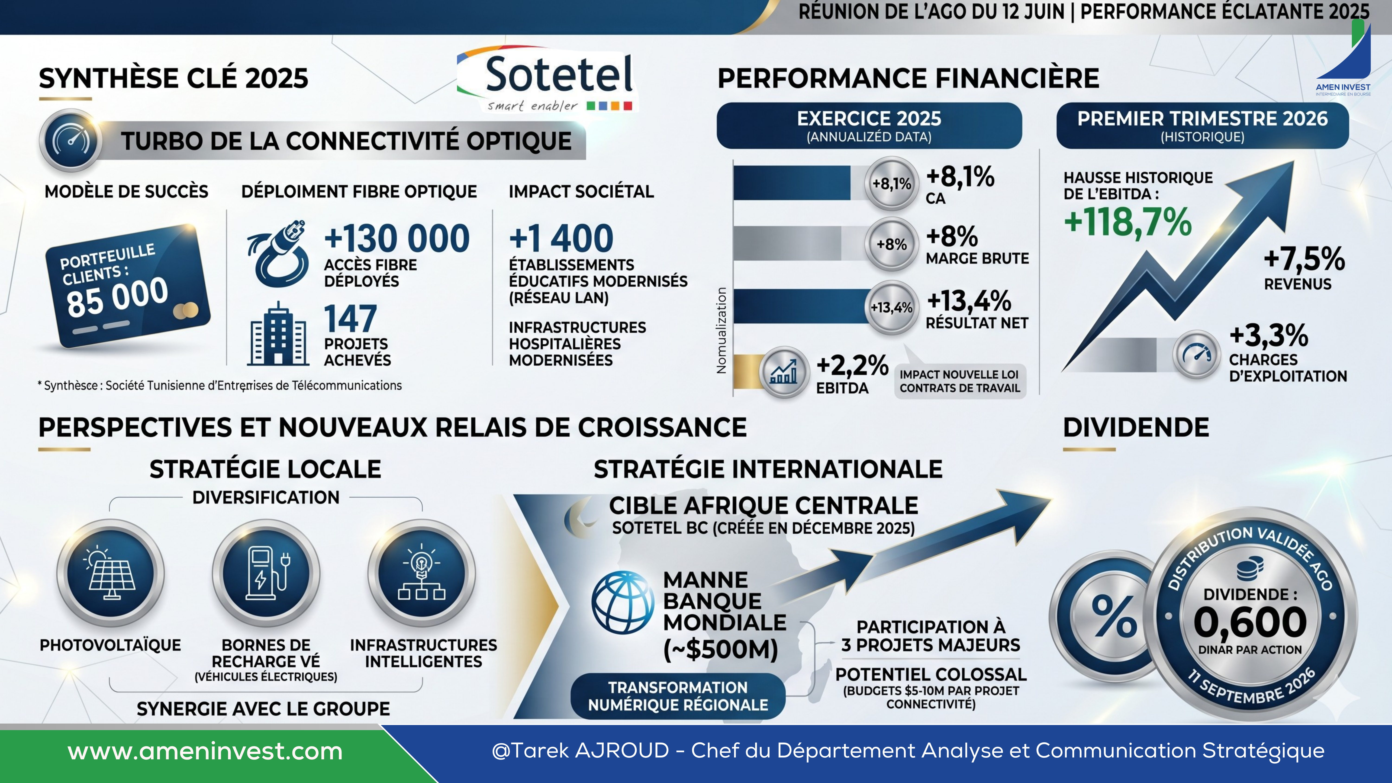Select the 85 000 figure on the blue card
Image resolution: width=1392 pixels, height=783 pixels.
coord(117,297)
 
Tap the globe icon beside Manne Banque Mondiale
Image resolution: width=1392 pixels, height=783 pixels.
coord(622,602)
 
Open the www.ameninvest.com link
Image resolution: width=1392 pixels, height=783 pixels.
coord(205,751)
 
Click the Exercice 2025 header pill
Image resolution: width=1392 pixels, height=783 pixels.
coord(869,125)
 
